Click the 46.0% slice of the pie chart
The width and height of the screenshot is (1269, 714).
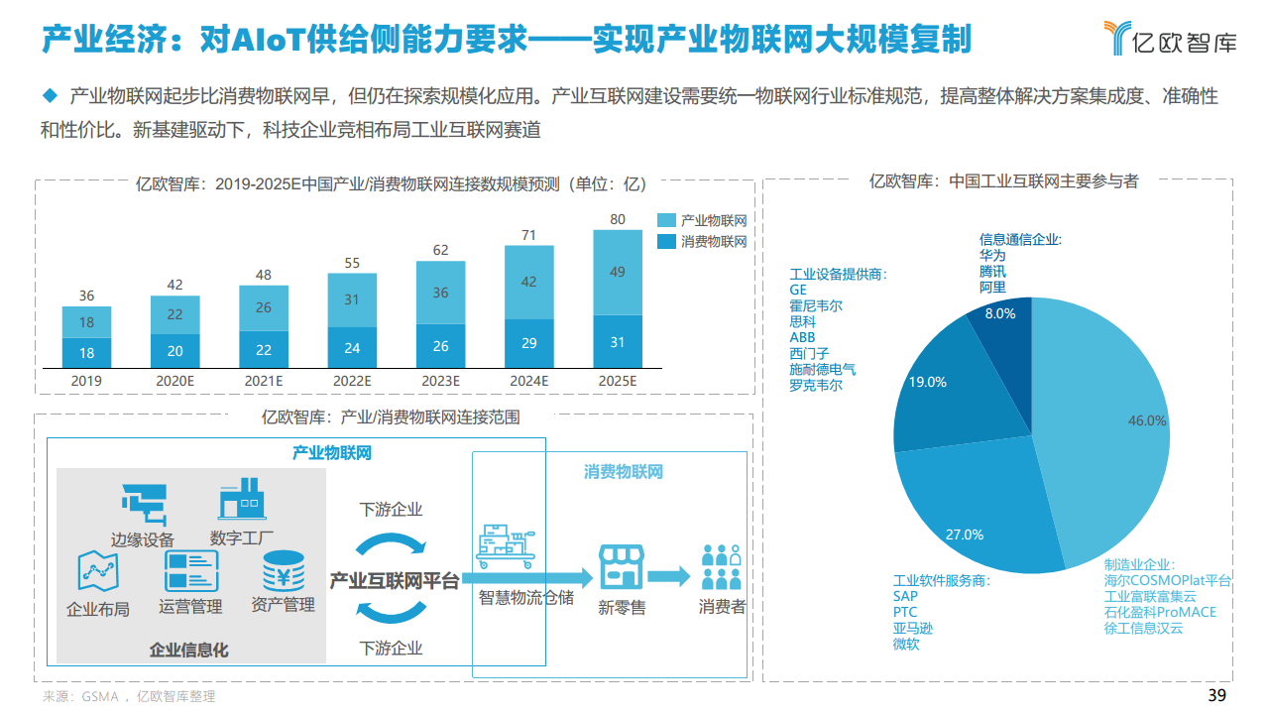click(x=1110, y=426)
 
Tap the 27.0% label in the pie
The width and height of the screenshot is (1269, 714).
click(x=964, y=535)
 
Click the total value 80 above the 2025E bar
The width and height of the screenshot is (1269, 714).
click(x=618, y=219)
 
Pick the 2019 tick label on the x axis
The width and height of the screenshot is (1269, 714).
click(x=86, y=381)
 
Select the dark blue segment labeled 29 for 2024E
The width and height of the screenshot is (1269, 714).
click(x=529, y=343)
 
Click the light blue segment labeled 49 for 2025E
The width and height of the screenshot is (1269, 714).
click(x=618, y=272)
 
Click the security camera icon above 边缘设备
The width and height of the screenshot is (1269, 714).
click(x=144, y=503)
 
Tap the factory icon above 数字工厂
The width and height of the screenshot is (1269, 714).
click(x=242, y=499)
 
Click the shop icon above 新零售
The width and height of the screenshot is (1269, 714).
click(x=622, y=565)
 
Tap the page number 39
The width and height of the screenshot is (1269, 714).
click(x=1216, y=695)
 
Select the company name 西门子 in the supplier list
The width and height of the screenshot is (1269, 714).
click(x=809, y=353)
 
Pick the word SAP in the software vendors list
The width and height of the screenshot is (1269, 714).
click(x=905, y=596)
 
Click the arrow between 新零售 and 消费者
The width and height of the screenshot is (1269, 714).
click(x=669, y=575)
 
